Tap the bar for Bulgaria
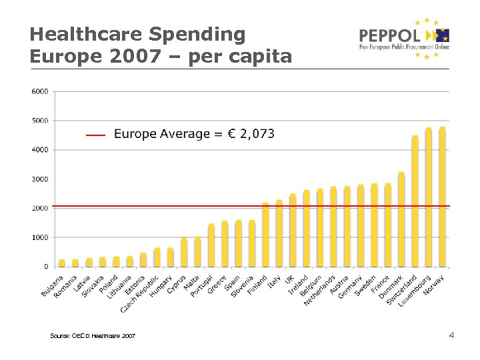pyautogui.click(x=62, y=263)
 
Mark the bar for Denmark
pyautogui.click(x=401, y=220)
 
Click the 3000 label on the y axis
pyautogui.click(x=40, y=179)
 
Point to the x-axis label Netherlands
pyautogui.click(x=321, y=289)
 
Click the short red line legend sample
pyautogui.click(x=95, y=135)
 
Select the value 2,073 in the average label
pyautogui.click(x=257, y=134)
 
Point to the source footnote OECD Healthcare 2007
pyautogui.click(x=93, y=335)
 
